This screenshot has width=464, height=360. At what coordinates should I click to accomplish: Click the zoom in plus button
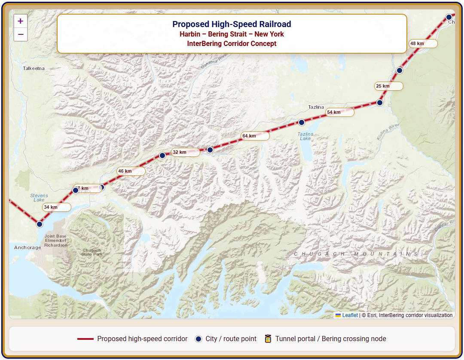coord(20,21)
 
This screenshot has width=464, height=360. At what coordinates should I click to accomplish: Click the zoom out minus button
coord(20,34)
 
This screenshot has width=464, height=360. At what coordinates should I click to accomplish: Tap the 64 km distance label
coord(255,136)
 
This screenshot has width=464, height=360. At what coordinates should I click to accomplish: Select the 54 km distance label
coord(339,112)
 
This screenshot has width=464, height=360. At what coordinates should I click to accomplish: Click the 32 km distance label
coord(185,152)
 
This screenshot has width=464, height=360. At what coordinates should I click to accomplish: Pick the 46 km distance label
coord(131,171)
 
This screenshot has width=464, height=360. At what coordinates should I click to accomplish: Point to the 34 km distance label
coord(56,207)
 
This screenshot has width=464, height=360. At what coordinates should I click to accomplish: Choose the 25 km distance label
coord(388,86)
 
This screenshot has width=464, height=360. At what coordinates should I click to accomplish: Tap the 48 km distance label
coord(423,43)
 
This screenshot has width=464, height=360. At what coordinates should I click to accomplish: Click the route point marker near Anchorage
coord(40,224)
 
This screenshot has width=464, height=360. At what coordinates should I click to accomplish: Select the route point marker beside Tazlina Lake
coord(302,122)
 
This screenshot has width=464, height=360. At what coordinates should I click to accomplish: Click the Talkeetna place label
coord(34,68)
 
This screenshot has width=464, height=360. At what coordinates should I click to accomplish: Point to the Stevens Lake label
coord(39,198)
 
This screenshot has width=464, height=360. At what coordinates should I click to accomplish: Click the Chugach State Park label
coord(92,252)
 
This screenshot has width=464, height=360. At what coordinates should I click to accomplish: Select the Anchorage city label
coord(27,247)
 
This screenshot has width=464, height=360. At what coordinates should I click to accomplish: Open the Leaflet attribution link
coord(350,315)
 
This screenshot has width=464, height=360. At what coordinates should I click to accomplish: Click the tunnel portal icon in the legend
coord(268,339)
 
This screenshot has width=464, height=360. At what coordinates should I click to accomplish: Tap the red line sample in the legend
coord(85,339)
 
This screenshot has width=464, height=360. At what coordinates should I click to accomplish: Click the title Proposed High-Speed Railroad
coord(232,24)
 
